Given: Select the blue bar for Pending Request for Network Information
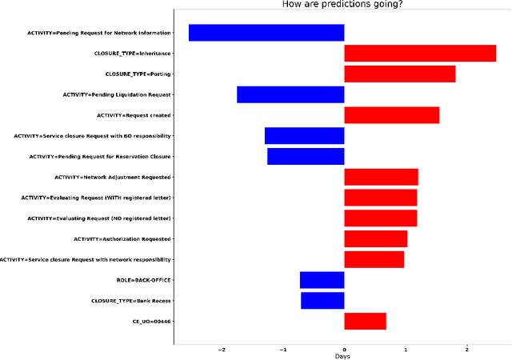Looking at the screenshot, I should pos(266,33).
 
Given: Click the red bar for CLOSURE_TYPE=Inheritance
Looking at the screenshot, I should pos(420,54).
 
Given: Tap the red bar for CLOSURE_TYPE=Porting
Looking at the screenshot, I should pos(400,74).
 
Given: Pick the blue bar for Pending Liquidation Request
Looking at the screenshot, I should pos(290,94).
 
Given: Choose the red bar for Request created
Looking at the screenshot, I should pos(391,115).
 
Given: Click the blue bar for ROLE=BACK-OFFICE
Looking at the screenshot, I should pos(322,280).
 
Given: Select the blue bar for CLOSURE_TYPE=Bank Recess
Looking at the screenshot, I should pos(322,301).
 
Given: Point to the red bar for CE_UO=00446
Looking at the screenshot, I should pos(365,322).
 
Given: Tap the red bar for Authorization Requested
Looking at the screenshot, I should pos(375,238).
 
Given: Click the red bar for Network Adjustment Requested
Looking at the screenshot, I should pos(381,177).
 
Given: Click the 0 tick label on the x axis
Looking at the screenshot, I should pos(344,350).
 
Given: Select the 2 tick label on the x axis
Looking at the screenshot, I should pos(467,350).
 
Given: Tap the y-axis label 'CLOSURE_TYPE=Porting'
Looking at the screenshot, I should pos(138,74).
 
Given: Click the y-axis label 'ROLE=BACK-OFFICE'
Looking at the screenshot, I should pos(144,280).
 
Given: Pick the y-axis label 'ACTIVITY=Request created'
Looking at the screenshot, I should pos(134,115).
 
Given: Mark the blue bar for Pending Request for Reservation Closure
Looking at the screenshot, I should pos(306,156).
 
